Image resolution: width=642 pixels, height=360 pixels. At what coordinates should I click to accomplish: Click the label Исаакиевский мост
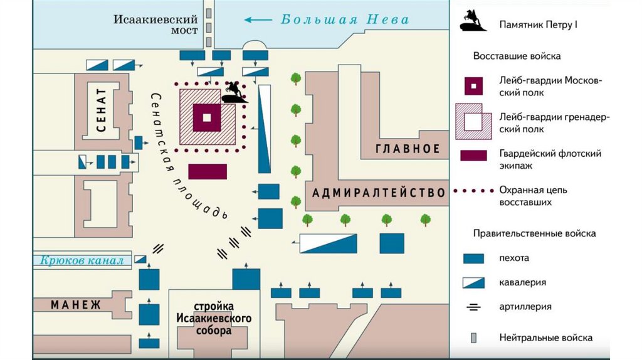155,24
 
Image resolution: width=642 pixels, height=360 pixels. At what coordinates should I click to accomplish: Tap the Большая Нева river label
345,19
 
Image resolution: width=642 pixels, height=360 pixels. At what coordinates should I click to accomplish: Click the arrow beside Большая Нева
257,19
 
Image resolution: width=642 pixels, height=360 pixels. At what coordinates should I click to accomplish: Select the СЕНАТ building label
102,111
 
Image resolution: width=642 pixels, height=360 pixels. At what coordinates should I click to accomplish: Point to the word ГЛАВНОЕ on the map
408,149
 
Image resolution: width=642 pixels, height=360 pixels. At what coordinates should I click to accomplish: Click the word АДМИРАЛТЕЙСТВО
379,193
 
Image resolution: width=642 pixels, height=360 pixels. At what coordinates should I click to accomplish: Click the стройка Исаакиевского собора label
213,319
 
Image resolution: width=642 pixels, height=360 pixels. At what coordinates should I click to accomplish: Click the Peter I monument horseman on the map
234,92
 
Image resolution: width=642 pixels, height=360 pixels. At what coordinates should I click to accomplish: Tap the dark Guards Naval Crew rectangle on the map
208,171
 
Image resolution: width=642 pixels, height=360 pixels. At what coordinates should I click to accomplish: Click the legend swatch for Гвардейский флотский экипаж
474,155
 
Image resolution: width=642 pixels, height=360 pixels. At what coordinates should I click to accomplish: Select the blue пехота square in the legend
474,258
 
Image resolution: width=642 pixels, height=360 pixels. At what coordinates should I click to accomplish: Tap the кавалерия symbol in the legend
474,282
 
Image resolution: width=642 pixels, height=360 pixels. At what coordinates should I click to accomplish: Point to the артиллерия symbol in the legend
474,307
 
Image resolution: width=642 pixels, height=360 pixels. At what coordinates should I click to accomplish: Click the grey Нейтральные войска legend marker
474,337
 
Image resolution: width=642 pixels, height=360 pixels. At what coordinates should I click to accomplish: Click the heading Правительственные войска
534,233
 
